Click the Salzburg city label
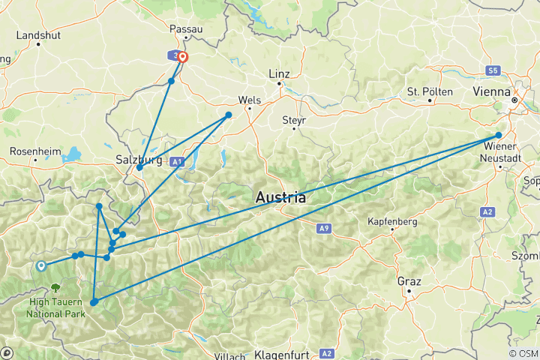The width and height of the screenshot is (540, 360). tap(139, 159)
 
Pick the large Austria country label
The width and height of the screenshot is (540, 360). tap(281, 198)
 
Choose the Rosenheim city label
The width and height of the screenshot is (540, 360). tap(34, 151)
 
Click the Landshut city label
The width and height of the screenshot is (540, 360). tap(37, 34)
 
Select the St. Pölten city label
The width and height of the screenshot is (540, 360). tap(430, 91)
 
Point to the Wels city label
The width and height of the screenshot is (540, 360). tap(248, 99)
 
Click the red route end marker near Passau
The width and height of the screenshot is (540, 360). tap(182, 57)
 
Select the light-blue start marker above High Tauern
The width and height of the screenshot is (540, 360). tap(40, 265)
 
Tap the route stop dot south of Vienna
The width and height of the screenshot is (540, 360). tap(499, 136)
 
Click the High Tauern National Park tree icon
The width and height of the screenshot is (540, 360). tap(56, 287)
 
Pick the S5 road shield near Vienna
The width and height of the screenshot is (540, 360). tap(492, 70)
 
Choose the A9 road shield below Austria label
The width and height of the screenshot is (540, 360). tap(323, 227)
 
